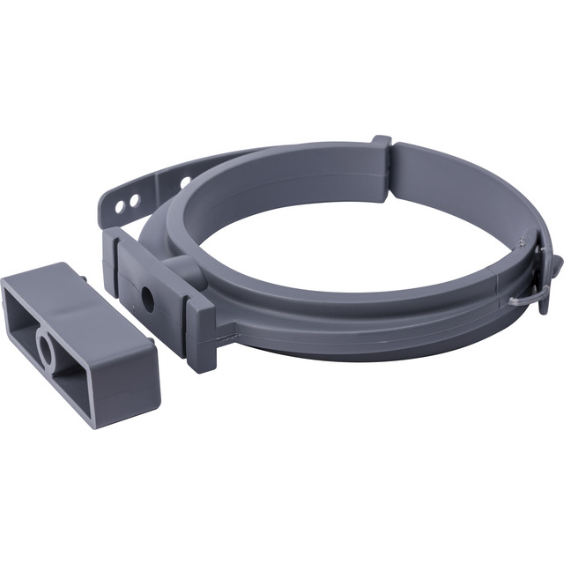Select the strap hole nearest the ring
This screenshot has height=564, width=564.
click(x=185, y=182)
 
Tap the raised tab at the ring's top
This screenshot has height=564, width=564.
click(x=381, y=143)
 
